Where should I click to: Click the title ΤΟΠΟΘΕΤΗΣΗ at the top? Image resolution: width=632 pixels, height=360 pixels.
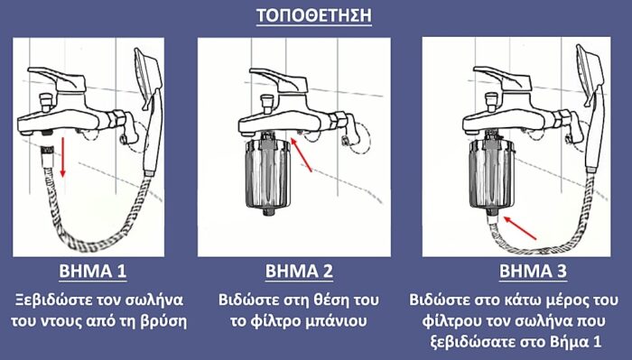316,16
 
